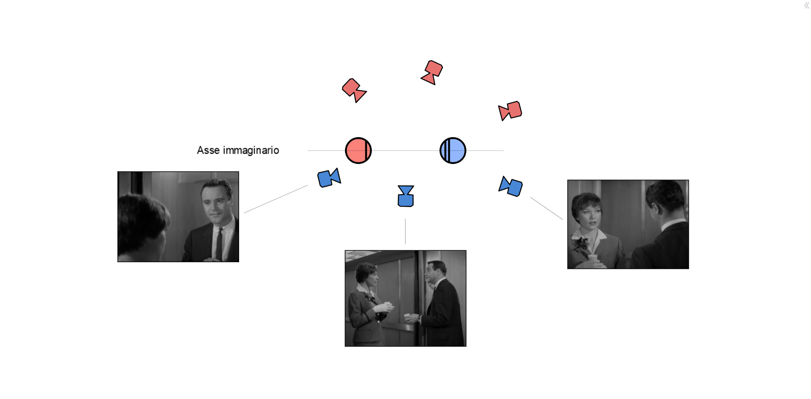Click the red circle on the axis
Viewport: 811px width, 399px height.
(x=358, y=150)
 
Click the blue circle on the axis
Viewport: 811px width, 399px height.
(x=453, y=150)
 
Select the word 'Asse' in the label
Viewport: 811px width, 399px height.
(x=208, y=150)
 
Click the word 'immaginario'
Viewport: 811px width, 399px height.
(x=251, y=150)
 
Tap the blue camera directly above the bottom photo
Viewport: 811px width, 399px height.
(x=406, y=196)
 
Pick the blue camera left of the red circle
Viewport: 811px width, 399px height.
(x=329, y=177)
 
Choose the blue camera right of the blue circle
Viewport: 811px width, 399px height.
(x=510, y=186)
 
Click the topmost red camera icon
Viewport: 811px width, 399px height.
(x=432, y=72)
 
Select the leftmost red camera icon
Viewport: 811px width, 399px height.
(x=354, y=90)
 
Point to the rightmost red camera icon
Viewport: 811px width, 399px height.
(x=510, y=111)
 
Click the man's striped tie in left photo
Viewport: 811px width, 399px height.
(x=219, y=244)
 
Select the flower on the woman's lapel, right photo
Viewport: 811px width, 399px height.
(x=581, y=246)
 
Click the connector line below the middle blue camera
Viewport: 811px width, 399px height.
(x=405, y=231)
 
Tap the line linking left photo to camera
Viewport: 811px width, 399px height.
(x=276, y=199)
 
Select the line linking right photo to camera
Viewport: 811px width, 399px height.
(x=546, y=208)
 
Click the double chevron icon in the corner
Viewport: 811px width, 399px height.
(x=806, y=6)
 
